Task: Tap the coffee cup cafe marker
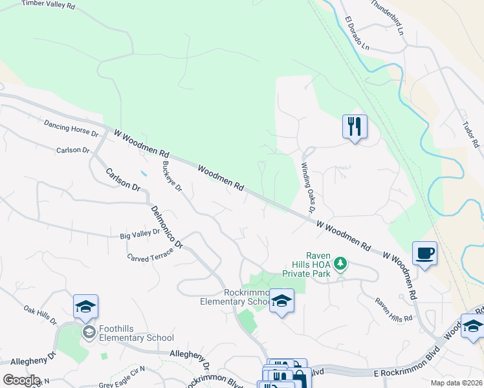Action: click(424, 253)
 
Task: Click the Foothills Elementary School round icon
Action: click(89, 332)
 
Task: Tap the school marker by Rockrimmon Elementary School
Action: click(281, 301)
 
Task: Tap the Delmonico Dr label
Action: click(168, 227)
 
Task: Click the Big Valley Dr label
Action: click(140, 233)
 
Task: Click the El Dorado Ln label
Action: click(357, 34)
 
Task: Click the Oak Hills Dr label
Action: click(40, 315)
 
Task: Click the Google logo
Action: click(21, 380)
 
